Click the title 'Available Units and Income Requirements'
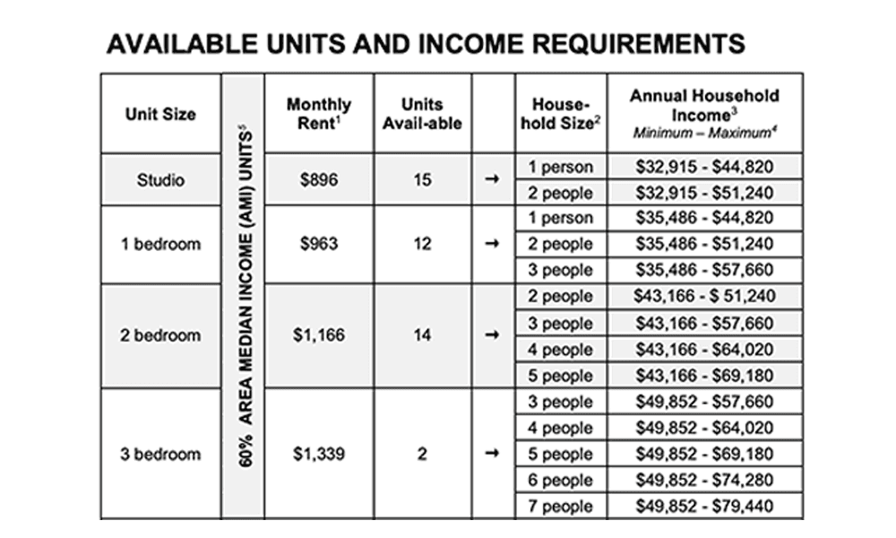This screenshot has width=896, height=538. point(426,44)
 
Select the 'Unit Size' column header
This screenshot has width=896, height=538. point(160,114)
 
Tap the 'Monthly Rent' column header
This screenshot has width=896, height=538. point(319,114)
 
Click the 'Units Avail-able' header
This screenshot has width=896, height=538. point(422,114)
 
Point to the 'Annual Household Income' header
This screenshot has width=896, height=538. point(704,112)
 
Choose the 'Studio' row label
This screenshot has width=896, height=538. point(160,180)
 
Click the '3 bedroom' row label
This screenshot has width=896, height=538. point(160,454)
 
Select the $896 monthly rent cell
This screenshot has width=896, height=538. point(319,180)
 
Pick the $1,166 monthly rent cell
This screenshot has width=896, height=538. point(319,336)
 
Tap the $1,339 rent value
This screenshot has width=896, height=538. point(319,454)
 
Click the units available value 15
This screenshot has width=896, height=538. point(422,180)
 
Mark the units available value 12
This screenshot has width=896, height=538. point(422,244)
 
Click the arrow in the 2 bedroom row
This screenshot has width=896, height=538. point(492,336)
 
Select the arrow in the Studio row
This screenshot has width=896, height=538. point(492,180)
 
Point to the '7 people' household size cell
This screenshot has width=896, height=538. point(561,507)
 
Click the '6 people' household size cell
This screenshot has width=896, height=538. point(561,481)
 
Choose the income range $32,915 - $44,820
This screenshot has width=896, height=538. point(704,167)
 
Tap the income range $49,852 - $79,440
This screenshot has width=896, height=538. point(704,507)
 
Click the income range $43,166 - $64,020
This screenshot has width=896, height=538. point(704,350)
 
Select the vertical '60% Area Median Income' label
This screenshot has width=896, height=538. point(244,296)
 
